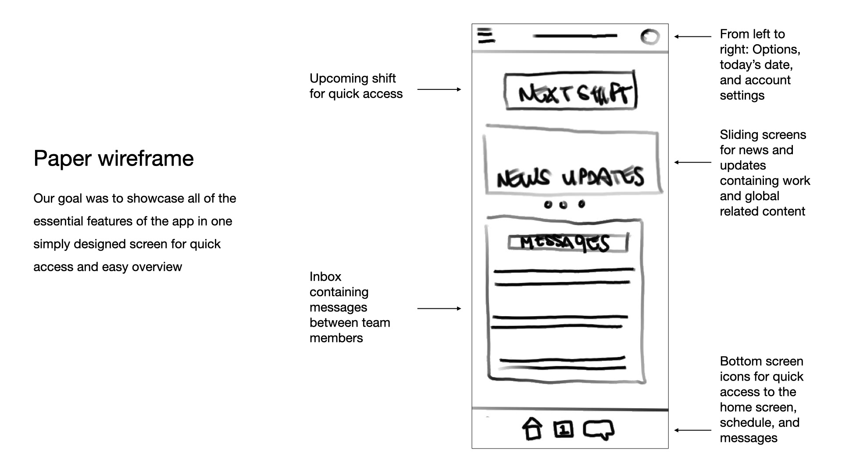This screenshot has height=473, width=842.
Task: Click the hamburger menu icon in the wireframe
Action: click(486, 35)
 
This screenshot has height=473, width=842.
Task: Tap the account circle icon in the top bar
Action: click(649, 37)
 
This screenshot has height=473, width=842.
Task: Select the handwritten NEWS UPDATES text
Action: click(570, 177)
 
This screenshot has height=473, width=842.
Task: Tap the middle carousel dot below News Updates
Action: click(564, 205)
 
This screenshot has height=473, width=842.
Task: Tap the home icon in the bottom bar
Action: click(532, 429)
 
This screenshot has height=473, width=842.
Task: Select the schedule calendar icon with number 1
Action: click(564, 429)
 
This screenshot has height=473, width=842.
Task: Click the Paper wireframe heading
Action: click(114, 158)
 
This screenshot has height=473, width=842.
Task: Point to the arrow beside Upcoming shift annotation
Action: click(439, 89)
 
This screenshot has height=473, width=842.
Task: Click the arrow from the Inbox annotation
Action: click(439, 309)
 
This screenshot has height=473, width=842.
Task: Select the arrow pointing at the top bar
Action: click(693, 37)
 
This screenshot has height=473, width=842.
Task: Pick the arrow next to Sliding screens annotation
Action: click(693, 162)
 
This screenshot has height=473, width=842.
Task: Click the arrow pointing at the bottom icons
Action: click(693, 431)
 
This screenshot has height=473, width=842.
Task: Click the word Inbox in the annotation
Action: click(325, 277)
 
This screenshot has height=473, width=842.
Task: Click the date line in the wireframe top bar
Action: click(575, 36)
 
